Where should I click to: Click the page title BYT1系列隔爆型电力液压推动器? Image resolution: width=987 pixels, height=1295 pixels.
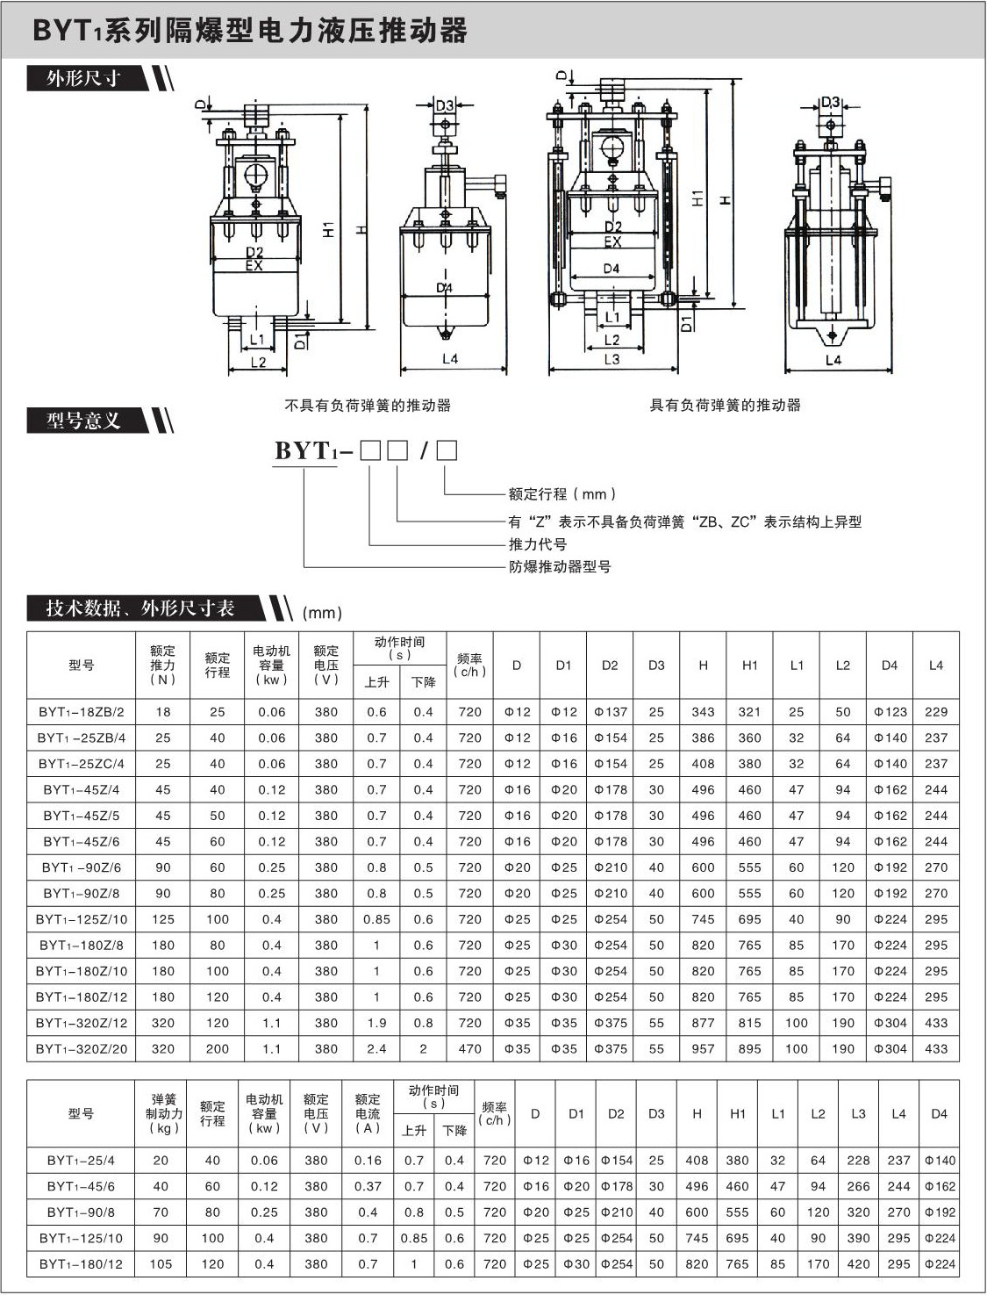[250, 31]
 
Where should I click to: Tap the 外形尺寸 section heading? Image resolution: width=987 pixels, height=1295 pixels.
[84, 78]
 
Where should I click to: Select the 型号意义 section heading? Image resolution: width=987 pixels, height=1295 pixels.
[84, 421]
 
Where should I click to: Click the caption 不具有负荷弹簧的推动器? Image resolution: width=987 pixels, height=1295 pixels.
[368, 406]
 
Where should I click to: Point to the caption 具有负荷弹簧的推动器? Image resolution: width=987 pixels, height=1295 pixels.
[725, 406]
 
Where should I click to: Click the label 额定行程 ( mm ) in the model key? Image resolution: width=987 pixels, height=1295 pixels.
[562, 494]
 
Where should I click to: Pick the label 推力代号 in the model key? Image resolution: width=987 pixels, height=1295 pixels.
[538, 544]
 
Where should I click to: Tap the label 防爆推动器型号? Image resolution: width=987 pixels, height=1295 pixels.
[560, 567]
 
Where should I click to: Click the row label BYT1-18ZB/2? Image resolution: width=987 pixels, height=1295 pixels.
[82, 712]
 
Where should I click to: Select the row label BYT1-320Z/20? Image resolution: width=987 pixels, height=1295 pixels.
[82, 1048]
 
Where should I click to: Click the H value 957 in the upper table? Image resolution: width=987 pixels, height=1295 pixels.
[703, 1048]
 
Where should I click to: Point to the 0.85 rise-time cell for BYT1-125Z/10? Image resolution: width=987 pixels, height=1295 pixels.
[377, 919]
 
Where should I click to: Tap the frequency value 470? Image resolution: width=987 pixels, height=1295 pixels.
[470, 1048]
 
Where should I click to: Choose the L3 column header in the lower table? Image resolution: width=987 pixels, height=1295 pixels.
[858, 1113]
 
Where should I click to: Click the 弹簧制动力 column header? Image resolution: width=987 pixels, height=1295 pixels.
[164, 1113]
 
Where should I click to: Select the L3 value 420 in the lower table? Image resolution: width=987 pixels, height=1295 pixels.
[858, 1264]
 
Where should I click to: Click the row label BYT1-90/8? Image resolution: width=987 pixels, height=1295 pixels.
[81, 1212]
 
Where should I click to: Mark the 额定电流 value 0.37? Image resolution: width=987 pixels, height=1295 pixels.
[368, 1186]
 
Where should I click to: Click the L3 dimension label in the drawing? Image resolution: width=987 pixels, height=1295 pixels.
[612, 359]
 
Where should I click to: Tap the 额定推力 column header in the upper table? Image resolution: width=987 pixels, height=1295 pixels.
[162, 665]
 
